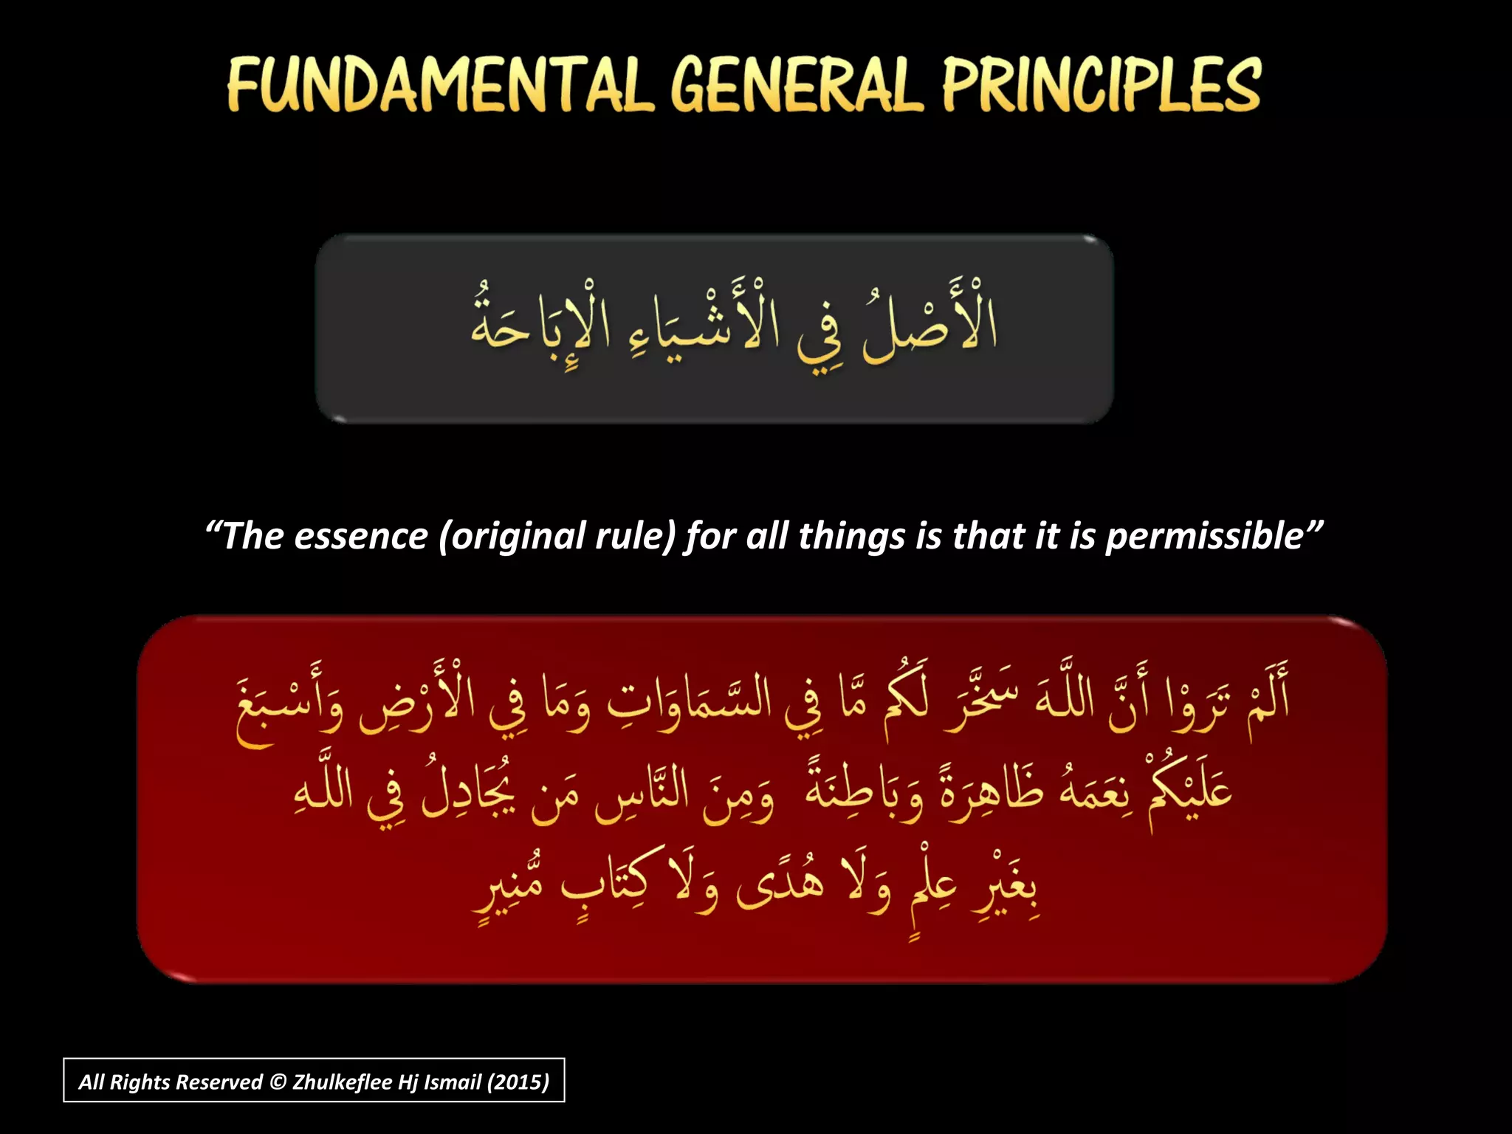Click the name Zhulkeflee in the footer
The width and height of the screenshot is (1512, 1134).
click(x=342, y=1082)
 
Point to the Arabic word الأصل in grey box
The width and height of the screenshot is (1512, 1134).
click(x=932, y=325)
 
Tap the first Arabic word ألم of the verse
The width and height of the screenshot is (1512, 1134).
click(x=1266, y=698)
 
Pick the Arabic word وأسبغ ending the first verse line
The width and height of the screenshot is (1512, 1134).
click(x=289, y=705)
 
